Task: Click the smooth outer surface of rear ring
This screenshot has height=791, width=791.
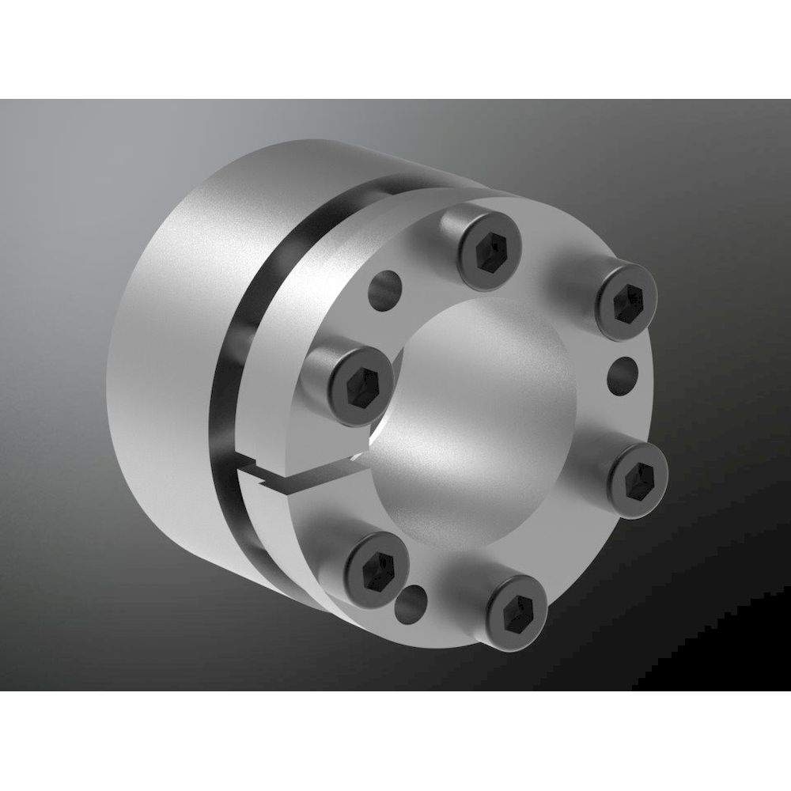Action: click(158, 356)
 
